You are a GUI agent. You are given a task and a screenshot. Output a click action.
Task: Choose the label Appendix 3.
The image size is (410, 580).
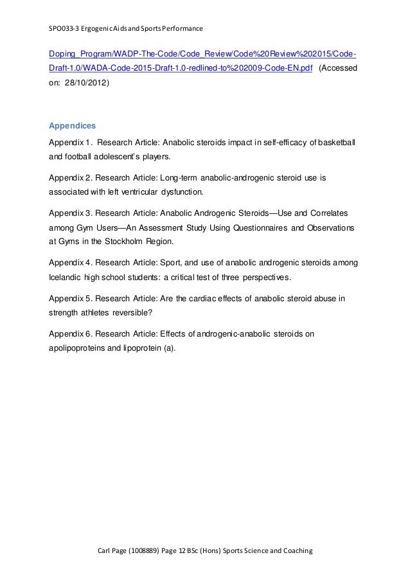pyautogui.click(x=71, y=211)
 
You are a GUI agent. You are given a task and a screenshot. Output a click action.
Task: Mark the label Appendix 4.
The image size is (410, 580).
pyautogui.click(x=71, y=263)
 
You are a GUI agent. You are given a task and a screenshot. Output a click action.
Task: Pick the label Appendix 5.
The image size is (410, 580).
pyautogui.click(x=71, y=297)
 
